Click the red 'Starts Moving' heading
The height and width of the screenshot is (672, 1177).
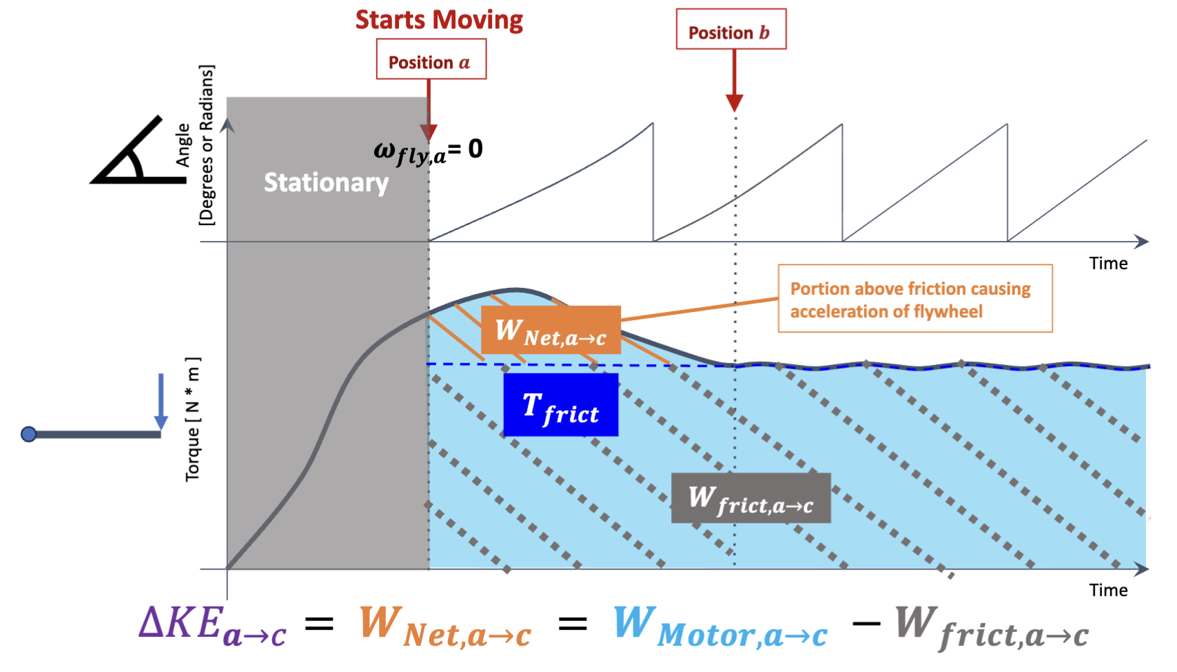pos(439,20)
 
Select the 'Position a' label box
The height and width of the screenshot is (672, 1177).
pos(431,59)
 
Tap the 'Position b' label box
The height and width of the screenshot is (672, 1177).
pos(731,29)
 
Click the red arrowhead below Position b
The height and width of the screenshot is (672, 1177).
pos(734,103)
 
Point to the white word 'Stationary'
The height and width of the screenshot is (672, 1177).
pos(327,182)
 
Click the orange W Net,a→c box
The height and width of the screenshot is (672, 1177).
pos(551,330)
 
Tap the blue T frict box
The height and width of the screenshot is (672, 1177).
pos(561,405)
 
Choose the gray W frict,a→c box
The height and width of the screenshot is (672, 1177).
pos(751,498)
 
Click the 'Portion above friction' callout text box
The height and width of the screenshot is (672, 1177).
pos(915,298)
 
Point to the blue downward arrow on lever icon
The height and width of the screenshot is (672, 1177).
pos(161,402)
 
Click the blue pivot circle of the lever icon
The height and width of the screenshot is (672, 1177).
pos(29,434)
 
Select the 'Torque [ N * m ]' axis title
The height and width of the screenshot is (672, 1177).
pos(193,419)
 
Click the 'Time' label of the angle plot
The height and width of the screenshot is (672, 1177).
pos(1108,263)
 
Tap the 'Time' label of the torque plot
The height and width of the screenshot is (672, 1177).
pos(1108,590)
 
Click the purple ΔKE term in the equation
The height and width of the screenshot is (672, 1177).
pos(213,626)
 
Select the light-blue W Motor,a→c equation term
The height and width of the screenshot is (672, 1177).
pos(720,627)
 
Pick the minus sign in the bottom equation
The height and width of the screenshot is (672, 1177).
pos(866,624)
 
